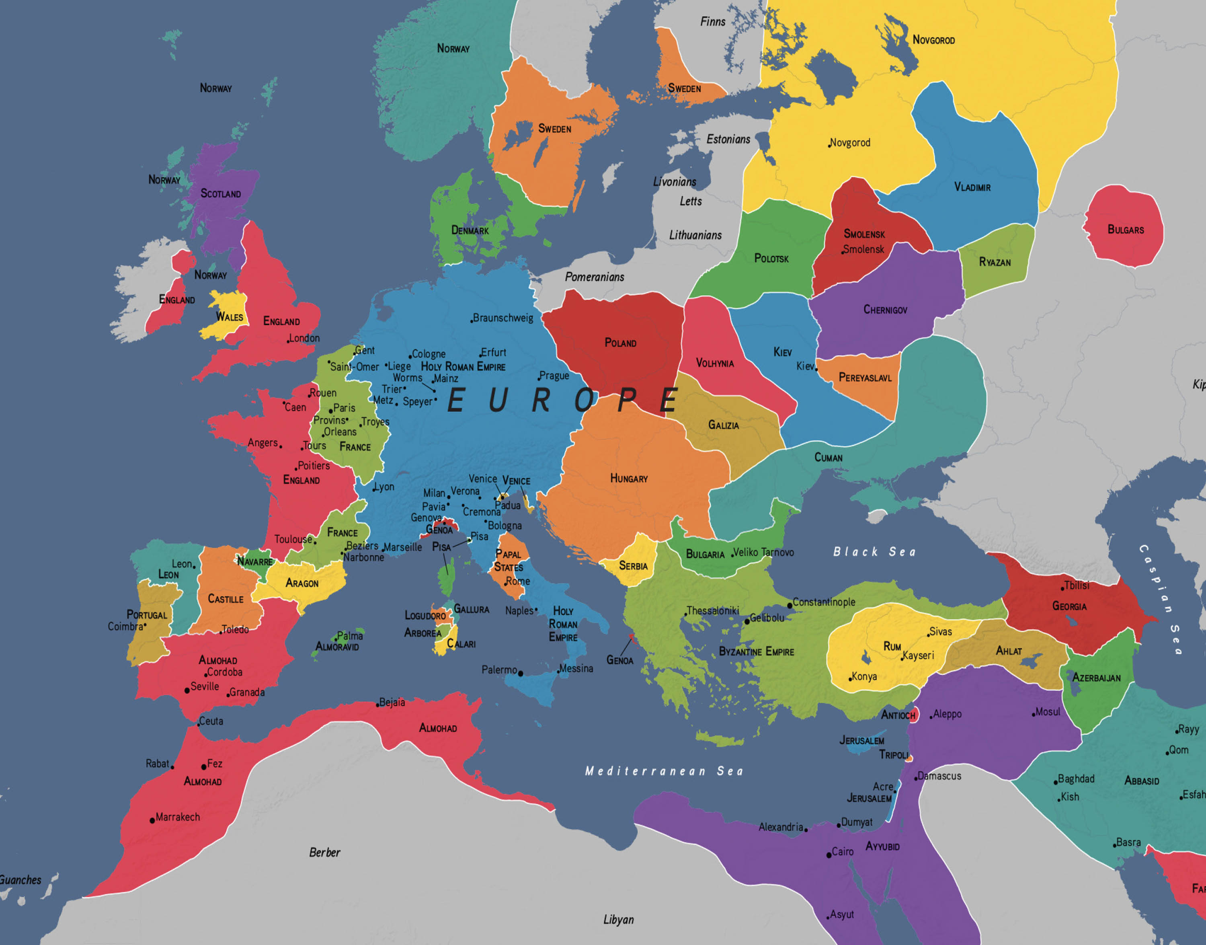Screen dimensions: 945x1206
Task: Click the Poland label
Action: point(620,343)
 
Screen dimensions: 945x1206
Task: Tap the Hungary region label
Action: point(629,479)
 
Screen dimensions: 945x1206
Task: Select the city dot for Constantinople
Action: point(790,605)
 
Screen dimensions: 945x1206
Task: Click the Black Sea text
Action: point(874,552)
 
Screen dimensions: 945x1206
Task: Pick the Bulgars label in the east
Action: point(1125,230)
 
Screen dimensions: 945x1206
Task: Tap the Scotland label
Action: point(221,194)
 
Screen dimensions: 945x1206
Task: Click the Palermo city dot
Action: point(520,673)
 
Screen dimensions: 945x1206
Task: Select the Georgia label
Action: point(1069,606)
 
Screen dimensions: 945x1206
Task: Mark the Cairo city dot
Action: point(829,855)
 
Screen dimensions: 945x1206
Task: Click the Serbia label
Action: point(633,566)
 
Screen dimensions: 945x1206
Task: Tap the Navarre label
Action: point(255,562)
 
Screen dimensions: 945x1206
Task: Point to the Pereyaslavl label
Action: point(865,378)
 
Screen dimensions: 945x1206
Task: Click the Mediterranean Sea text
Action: point(664,771)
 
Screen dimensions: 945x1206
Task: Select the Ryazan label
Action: point(995,262)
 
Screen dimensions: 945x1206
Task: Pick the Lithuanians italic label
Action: point(695,235)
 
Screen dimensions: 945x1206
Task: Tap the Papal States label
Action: point(508,561)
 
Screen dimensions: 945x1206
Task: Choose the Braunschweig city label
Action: point(503,318)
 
